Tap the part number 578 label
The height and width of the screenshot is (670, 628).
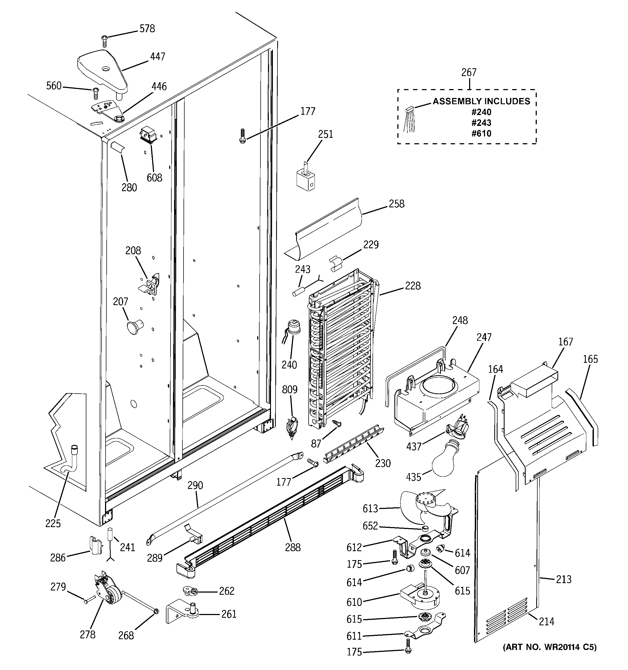[147, 29]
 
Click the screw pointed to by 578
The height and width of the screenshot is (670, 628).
[104, 41]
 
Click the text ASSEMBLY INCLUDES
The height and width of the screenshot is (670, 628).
[481, 101]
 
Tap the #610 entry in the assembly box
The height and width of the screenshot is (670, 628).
[481, 133]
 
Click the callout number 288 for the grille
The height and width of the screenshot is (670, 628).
[293, 547]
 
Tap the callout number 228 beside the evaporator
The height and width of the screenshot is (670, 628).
[413, 286]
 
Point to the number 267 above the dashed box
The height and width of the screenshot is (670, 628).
[469, 73]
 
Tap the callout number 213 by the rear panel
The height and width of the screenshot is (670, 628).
[564, 579]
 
